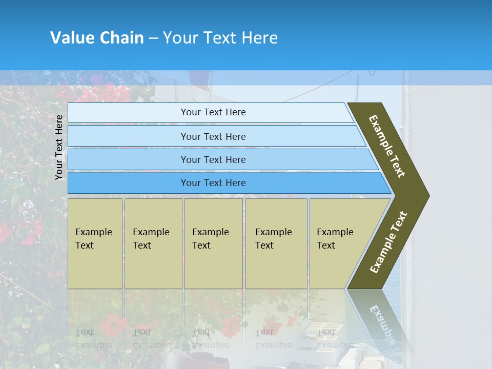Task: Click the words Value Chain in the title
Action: [97, 38]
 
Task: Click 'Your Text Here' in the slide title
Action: [220, 38]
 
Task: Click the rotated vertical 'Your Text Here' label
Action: [59, 148]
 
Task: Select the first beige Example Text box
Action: [95, 243]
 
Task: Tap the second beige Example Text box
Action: [153, 243]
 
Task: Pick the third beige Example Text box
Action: [213, 243]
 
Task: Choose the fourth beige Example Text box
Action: [276, 243]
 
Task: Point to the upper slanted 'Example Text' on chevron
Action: [387, 146]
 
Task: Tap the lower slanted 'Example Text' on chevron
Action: [389, 242]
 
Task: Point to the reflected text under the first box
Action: [93, 338]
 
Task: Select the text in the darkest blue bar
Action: [213, 183]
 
